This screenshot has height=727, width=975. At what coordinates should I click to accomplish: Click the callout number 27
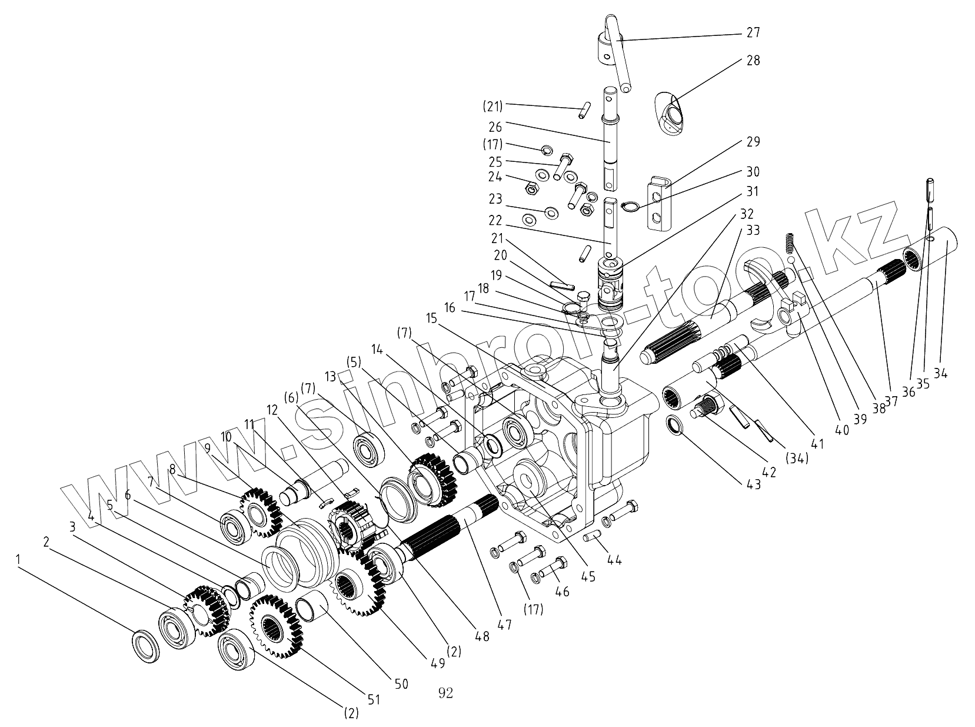pos(753,32)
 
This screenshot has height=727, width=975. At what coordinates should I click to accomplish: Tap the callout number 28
pos(753,61)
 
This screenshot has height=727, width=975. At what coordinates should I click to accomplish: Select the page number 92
pos(445,693)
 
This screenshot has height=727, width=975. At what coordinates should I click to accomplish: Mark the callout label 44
pos(614,560)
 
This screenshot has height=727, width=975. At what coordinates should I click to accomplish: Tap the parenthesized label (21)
pos(493,107)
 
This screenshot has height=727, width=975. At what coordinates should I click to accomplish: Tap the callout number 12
pos(271,409)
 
